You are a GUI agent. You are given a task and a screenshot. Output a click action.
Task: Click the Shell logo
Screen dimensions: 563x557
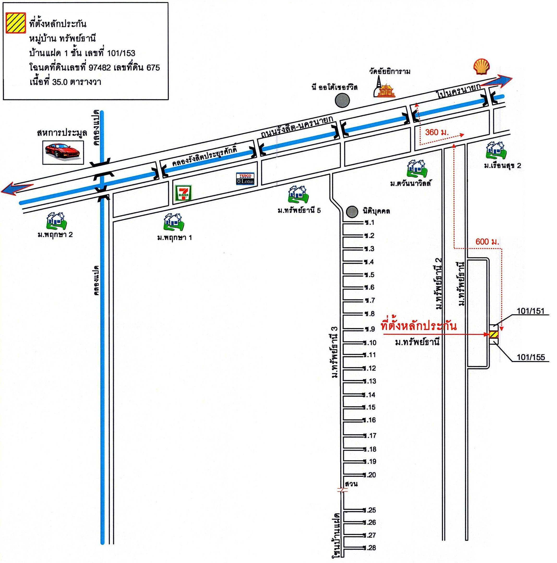[481, 67]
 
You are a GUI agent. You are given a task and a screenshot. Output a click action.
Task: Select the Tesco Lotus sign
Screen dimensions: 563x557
[245, 179]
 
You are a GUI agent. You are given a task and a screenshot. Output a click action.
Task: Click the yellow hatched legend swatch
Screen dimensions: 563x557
[16, 23]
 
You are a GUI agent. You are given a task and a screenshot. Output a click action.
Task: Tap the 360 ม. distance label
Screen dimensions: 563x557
[436, 132]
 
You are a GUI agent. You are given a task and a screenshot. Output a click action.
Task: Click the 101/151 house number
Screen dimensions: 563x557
[531, 311]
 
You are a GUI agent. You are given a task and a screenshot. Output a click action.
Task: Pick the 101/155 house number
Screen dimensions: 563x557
[531, 357]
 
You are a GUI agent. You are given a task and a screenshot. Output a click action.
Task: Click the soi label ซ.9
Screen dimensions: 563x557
[370, 329]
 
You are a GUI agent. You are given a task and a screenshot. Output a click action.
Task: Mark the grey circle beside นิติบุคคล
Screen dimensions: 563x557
[352, 212]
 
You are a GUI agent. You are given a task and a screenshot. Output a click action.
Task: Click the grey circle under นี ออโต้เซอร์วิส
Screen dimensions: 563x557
[342, 101]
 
